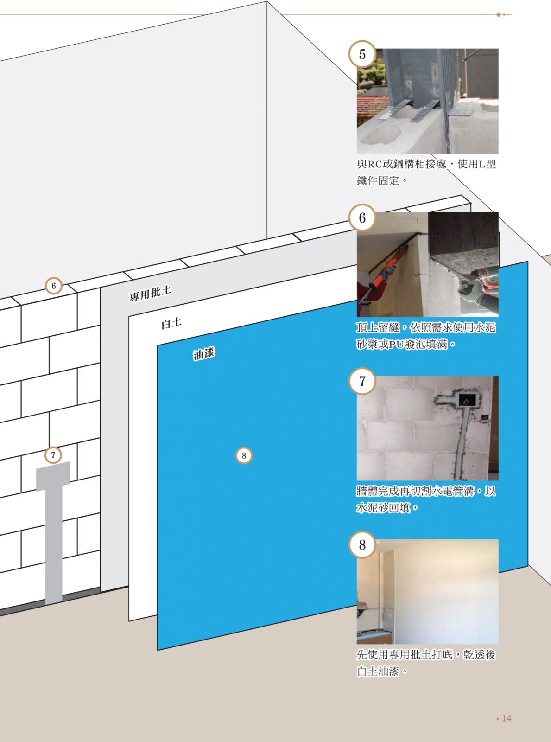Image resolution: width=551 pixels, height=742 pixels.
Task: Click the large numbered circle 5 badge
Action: [362, 54]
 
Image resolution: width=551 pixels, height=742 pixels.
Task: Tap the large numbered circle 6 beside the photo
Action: [362, 218]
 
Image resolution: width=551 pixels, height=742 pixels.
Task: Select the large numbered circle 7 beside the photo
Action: [362, 381]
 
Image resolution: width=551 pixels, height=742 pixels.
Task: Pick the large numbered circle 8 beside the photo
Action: [362, 544]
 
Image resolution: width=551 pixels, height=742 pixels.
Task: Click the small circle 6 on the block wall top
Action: [53, 286]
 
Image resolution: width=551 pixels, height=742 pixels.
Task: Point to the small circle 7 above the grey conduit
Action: [53, 455]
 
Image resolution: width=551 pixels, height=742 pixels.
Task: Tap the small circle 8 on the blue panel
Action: [244, 455]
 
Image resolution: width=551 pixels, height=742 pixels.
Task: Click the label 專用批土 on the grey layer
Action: [151, 294]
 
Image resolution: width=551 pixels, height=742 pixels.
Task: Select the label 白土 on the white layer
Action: [171, 324]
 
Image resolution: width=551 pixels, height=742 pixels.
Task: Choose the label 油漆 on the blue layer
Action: [203, 353]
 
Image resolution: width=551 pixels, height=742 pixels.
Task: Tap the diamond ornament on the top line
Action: [499, 15]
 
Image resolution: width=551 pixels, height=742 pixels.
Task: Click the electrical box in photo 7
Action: [465, 399]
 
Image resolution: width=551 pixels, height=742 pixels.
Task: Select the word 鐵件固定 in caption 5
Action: [378, 181]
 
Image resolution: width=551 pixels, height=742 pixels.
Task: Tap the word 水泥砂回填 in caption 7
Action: [383, 508]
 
